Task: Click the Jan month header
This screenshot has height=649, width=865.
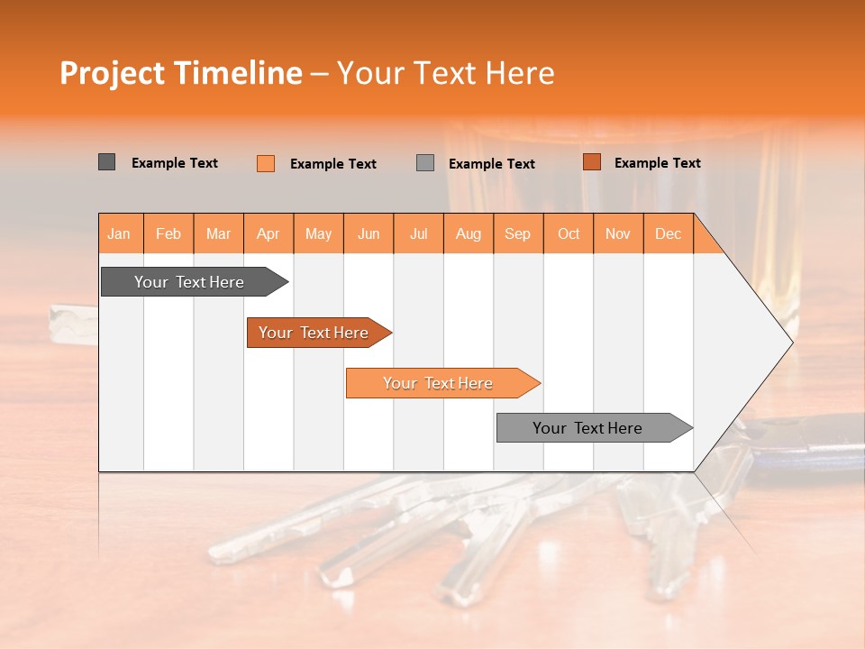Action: pyautogui.click(x=120, y=233)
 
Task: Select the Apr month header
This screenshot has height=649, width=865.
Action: pyautogui.click(x=269, y=233)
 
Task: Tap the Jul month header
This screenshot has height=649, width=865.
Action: pyautogui.click(x=418, y=233)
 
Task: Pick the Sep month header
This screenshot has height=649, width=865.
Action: pyautogui.click(x=518, y=233)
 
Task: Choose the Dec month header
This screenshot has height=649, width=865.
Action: pyautogui.click(x=668, y=233)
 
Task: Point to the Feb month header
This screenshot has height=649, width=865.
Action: pyautogui.click(x=168, y=233)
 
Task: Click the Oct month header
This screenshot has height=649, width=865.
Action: pyautogui.click(x=569, y=233)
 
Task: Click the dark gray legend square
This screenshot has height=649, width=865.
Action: pyautogui.click(x=107, y=162)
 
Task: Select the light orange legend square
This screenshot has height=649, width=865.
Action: pyautogui.click(x=266, y=163)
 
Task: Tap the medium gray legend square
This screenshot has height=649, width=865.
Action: pyautogui.click(x=425, y=163)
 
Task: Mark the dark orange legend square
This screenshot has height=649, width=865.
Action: pyautogui.click(x=592, y=162)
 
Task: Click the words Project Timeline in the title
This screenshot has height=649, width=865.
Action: pyautogui.click(x=181, y=73)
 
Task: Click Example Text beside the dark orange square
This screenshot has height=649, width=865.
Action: pyautogui.click(x=657, y=163)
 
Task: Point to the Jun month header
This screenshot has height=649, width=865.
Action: pyautogui.click(x=369, y=233)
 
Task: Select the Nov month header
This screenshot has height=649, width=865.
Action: pyautogui.click(x=618, y=233)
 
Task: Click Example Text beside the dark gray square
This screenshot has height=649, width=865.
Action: pyautogui.click(x=175, y=163)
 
